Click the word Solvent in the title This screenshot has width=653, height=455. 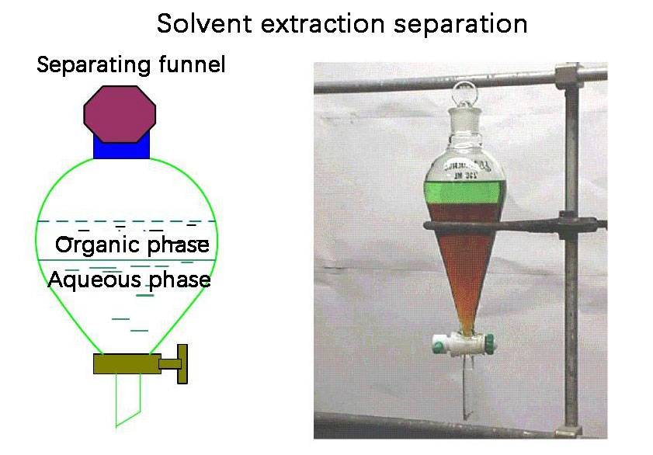tap(198, 23)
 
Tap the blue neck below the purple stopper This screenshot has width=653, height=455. tap(121, 148)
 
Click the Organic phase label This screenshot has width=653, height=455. tap(132, 246)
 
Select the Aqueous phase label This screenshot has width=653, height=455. tap(129, 279)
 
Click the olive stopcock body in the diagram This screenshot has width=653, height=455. tap(127, 363)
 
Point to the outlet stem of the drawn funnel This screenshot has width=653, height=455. tap(127, 400)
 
